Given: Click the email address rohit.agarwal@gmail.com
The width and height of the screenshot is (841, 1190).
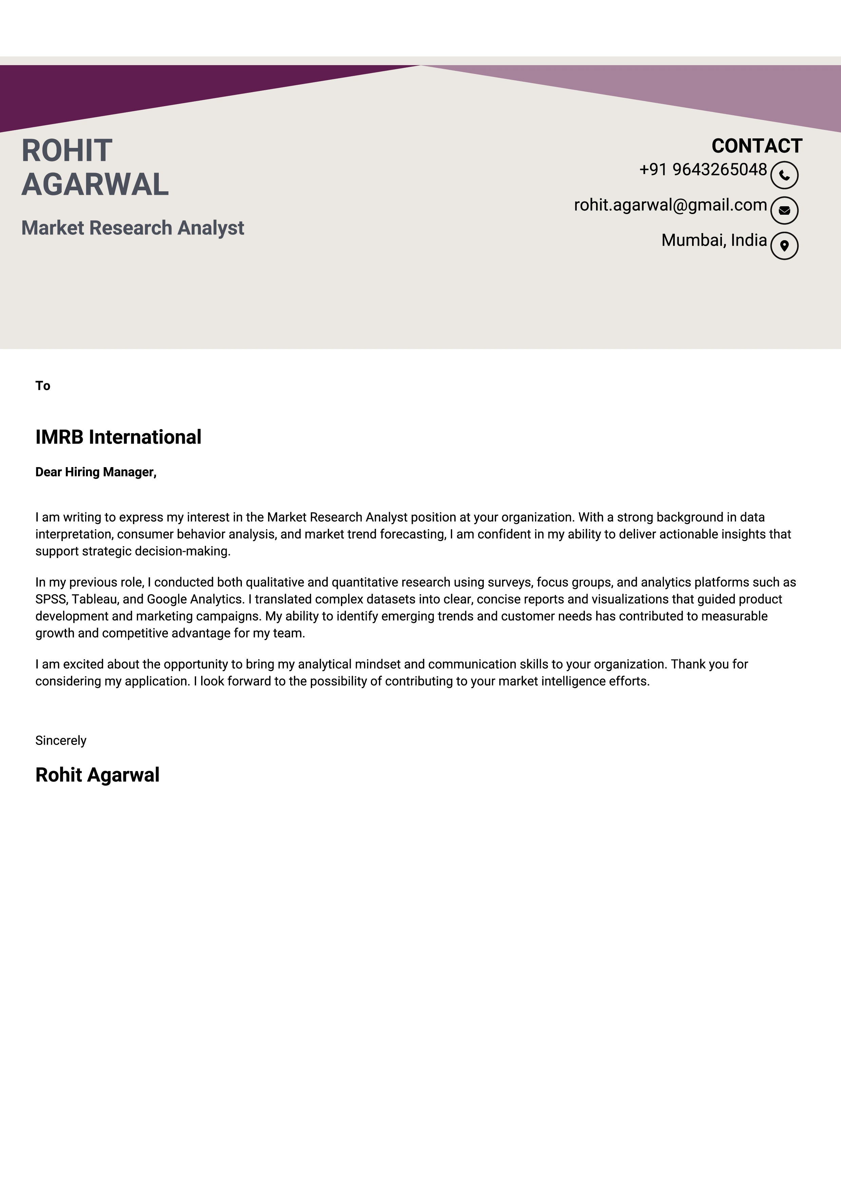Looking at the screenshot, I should pyautogui.click(x=670, y=205).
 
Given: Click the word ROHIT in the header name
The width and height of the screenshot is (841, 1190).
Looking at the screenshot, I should pyautogui.click(x=67, y=151).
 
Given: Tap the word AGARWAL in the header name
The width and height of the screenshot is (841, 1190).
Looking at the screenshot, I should pyautogui.click(x=95, y=185).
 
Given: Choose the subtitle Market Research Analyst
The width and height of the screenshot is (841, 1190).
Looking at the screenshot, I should pyautogui.click(x=133, y=228).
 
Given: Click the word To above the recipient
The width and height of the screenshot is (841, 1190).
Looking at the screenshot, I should pyautogui.click(x=42, y=386).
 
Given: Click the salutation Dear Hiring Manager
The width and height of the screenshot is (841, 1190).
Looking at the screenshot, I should pyautogui.click(x=95, y=472).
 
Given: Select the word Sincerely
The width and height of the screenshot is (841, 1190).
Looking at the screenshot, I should pyautogui.click(x=61, y=741).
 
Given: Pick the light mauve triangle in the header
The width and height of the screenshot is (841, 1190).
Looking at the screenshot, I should pyautogui.click(x=725, y=91).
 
